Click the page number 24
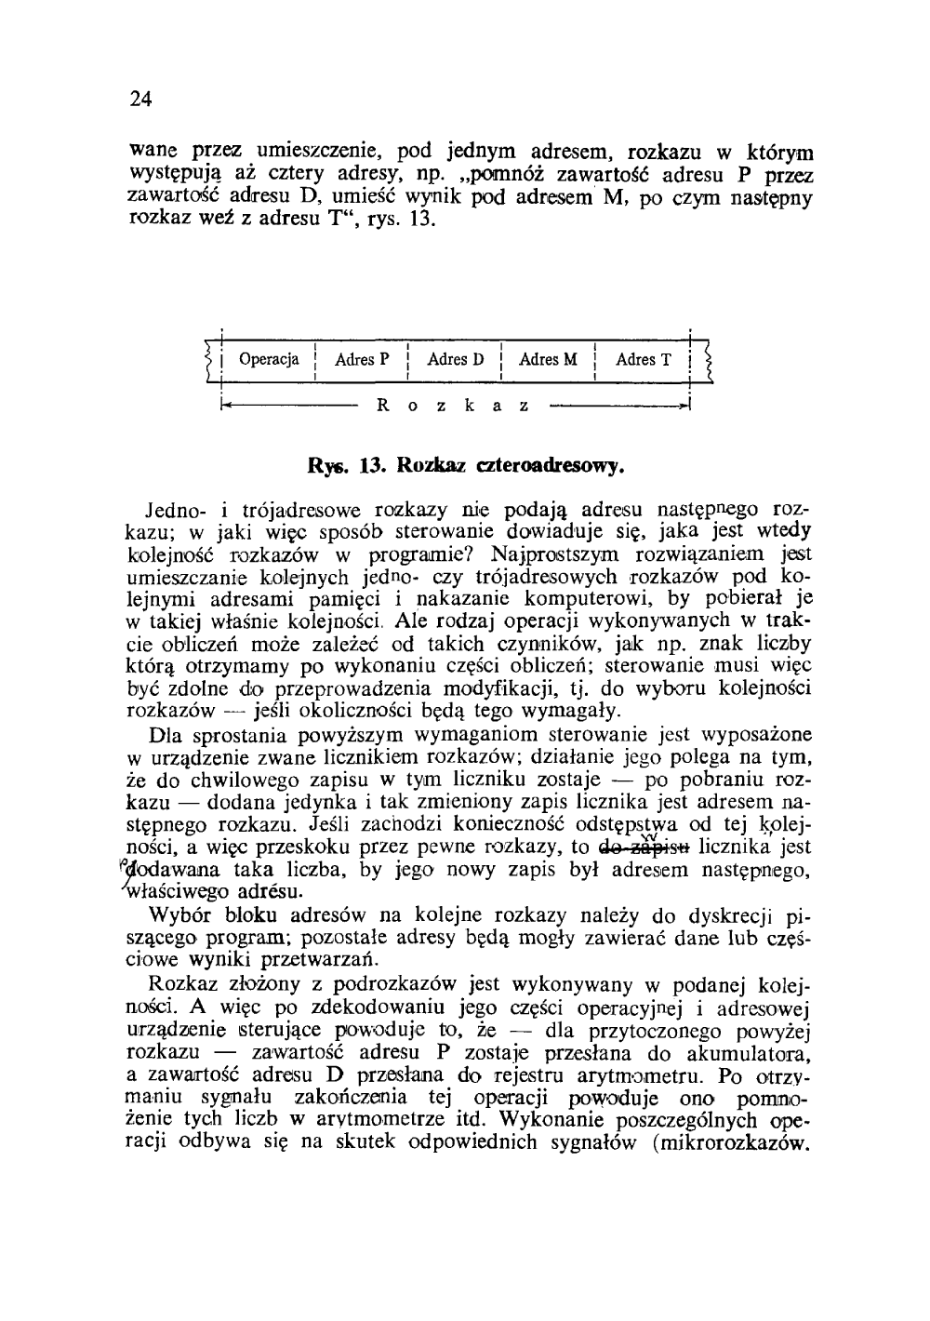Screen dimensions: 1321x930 coord(140,100)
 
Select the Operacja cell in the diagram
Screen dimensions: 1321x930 coord(269,359)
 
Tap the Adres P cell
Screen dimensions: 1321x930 coord(361,359)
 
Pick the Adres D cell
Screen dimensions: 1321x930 coord(455,359)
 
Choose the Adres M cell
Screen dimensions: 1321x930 coord(548,359)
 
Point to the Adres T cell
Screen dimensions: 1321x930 coord(643,359)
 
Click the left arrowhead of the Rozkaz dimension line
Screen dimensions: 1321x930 coord(225,406)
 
